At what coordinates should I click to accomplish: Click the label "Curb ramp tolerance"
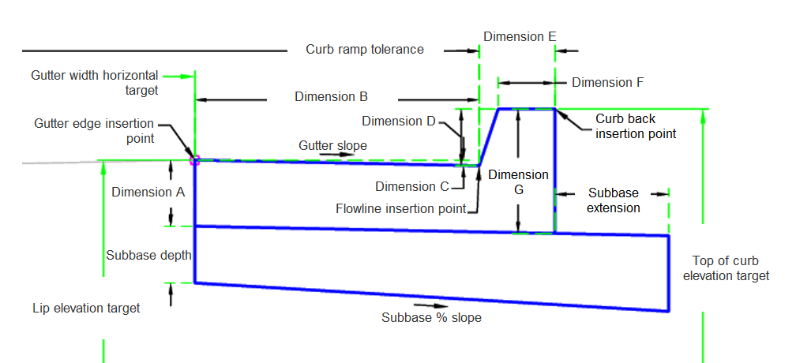[364, 50]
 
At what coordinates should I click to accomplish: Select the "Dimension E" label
[520, 36]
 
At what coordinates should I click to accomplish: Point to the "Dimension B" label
[331, 97]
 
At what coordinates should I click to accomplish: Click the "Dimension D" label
[398, 122]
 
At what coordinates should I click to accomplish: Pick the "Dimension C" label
[411, 186]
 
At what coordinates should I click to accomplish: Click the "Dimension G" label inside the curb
[517, 182]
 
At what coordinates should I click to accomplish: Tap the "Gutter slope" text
[332, 146]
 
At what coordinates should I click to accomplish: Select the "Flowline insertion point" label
[400, 209]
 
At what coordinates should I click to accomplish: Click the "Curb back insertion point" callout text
[636, 126]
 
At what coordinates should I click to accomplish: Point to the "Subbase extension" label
[614, 200]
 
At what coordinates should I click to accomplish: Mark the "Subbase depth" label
[148, 256]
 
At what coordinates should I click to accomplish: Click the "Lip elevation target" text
[86, 308]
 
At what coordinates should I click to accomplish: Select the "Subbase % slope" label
[431, 318]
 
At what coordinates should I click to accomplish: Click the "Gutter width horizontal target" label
[95, 83]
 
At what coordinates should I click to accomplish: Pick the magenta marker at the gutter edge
[194, 160]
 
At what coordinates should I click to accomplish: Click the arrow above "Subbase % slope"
[424, 305]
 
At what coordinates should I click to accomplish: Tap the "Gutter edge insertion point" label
[94, 131]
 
